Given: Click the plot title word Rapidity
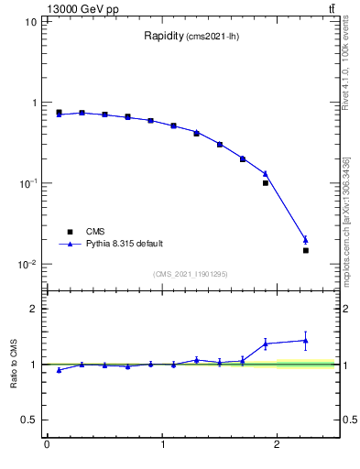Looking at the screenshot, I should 163,37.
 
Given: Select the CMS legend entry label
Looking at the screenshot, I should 96,232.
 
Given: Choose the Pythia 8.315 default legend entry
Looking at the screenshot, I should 125,244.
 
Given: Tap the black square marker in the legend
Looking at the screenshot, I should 69,232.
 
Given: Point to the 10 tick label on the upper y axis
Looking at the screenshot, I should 30,21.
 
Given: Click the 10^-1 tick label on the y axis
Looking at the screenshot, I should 27,183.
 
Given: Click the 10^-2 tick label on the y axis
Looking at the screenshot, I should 27,265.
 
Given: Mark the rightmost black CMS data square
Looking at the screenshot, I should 306,250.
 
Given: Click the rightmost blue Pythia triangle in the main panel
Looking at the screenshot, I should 306,240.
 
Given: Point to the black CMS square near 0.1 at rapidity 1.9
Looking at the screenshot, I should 266,183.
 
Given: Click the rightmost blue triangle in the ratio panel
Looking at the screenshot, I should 306,341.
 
